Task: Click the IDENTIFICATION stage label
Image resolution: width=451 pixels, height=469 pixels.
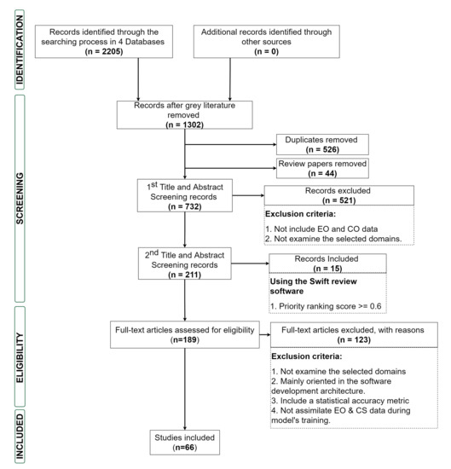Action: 20,49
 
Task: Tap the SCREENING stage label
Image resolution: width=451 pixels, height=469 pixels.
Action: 20,199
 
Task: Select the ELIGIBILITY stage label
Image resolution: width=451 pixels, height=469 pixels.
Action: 20,357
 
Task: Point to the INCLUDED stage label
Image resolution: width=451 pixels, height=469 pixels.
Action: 20,437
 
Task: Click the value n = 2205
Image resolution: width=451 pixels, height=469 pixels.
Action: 104,51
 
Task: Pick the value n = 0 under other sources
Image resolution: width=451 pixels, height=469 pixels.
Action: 267,51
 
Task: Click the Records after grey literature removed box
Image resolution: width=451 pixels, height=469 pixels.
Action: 184,115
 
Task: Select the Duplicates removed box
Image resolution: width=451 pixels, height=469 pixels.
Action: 322,144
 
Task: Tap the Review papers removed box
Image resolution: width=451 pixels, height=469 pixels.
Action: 322,168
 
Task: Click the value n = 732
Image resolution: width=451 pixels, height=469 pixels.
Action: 184,206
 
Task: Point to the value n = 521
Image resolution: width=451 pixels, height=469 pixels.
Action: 339,200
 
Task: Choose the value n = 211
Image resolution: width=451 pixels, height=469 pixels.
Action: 184,275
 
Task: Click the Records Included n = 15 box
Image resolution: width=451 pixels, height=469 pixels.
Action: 327,263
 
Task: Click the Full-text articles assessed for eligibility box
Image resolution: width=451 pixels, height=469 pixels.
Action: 185,335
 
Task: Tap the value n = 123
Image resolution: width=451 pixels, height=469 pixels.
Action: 354,339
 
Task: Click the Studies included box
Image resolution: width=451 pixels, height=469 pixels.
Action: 185,443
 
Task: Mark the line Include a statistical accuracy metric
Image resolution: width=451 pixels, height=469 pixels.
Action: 340,401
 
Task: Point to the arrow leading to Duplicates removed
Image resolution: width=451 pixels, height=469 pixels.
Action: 230,144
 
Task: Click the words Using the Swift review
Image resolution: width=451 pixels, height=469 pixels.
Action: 314,281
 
